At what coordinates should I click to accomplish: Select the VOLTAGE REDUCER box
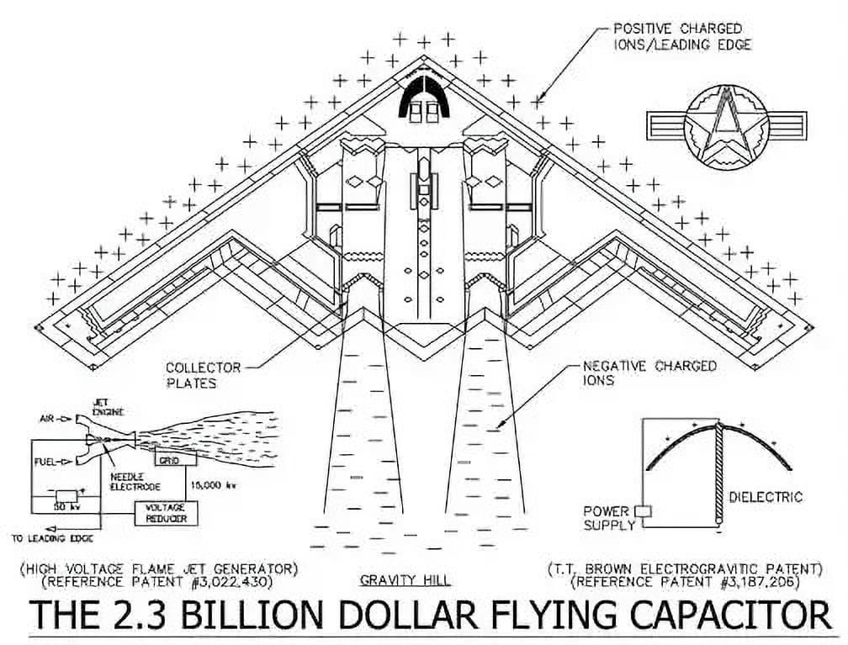coord(165,513)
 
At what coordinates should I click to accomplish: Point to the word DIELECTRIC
coord(766,497)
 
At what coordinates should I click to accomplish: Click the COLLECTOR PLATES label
coord(191,375)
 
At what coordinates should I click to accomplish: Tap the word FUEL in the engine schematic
coord(46,461)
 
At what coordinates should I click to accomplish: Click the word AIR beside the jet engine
coord(49,418)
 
